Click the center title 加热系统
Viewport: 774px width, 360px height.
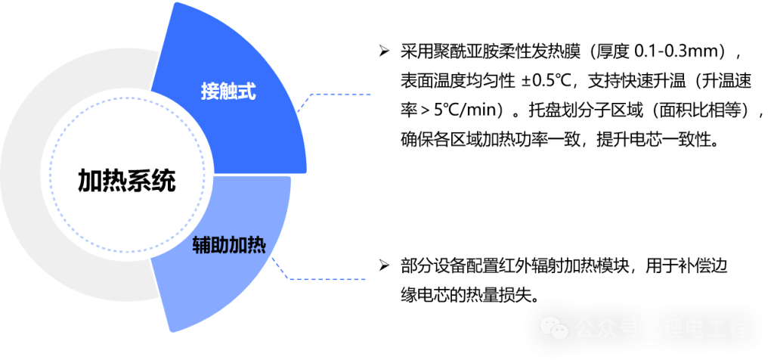pyautogui.click(x=126, y=182)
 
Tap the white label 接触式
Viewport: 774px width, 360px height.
pyautogui.click(x=228, y=91)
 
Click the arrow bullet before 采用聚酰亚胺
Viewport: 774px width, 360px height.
pyautogui.click(x=384, y=51)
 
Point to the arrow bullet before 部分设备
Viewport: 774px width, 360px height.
pyautogui.click(x=384, y=265)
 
